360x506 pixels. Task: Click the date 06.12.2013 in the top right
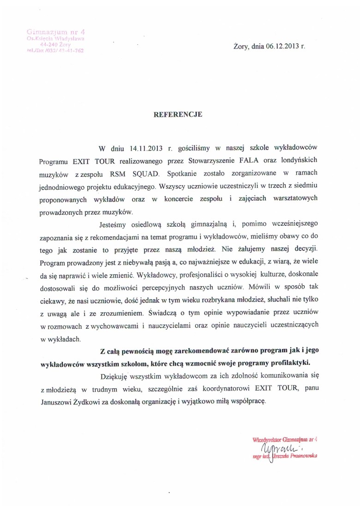[x=281, y=46]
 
